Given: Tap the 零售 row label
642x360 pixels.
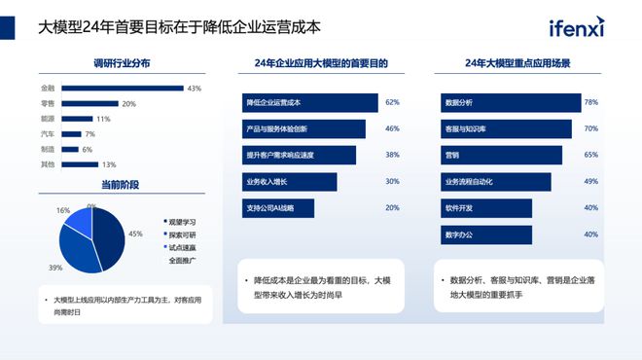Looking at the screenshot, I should pos(48,104).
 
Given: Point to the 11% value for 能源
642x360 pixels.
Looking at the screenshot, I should pos(103,119).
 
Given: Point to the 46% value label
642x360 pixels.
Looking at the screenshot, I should pos(392,128).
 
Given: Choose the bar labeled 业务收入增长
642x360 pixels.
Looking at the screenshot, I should pos(289,181).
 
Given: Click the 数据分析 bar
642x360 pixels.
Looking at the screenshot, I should pos(507,102).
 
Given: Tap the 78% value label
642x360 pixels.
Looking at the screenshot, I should pos(590,102).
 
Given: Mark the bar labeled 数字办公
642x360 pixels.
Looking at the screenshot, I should pos(486,234).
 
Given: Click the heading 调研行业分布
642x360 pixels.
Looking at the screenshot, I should pos(122,63).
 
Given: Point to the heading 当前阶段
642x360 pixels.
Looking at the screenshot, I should pos(121,185).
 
